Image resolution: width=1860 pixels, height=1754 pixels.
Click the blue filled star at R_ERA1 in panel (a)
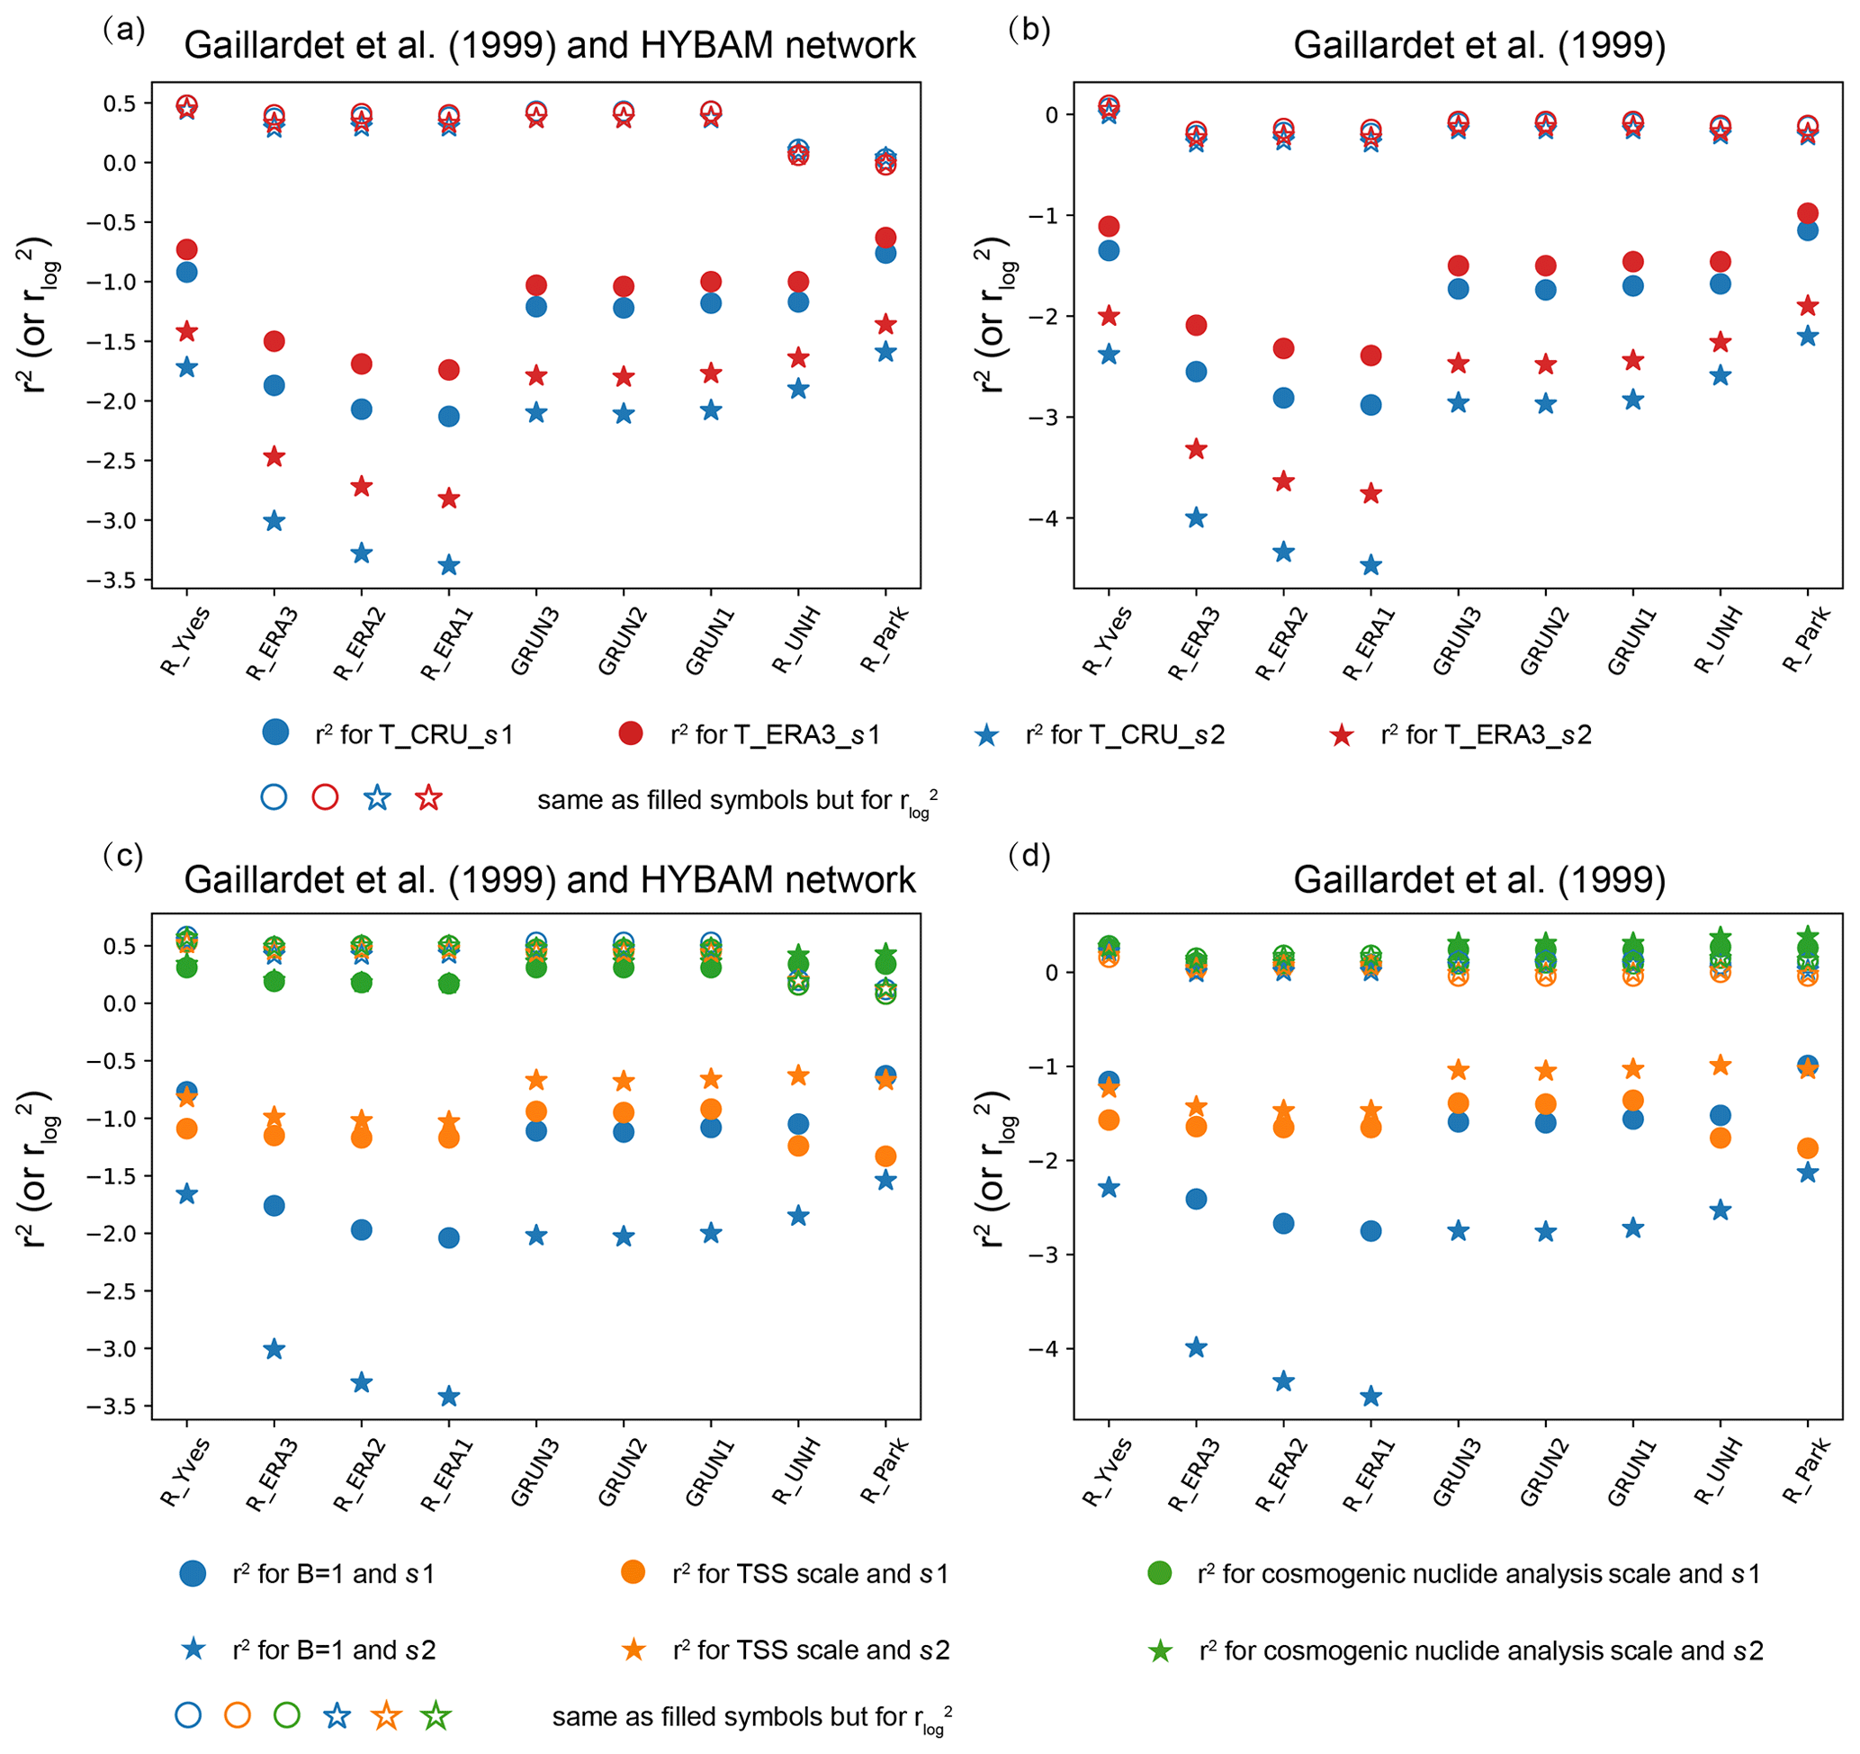pyautogui.click(x=449, y=565)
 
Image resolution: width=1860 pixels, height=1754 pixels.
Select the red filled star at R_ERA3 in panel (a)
pyautogui.click(x=274, y=456)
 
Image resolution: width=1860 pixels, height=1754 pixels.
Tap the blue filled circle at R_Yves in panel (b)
pyautogui.click(x=1109, y=251)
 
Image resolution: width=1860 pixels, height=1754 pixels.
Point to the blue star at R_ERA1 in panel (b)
pyautogui.click(x=1370, y=565)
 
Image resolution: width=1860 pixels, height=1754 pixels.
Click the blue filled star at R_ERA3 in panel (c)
pyautogui.click(x=274, y=1349)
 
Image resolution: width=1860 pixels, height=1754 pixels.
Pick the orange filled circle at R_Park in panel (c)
pyautogui.click(x=886, y=1156)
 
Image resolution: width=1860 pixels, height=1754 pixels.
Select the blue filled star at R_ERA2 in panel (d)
pyautogui.click(x=1284, y=1381)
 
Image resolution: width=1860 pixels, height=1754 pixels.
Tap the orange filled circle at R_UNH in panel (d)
pyautogui.click(x=1721, y=1138)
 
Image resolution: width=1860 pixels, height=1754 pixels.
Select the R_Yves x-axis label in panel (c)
pyautogui.click(x=185, y=1473)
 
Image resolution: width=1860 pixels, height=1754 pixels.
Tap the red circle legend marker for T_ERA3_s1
pyautogui.click(x=631, y=733)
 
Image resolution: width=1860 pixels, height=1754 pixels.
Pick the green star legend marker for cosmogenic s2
pyautogui.click(x=1160, y=1651)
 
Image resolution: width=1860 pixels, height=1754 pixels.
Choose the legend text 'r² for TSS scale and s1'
pyautogui.click(x=810, y=1574)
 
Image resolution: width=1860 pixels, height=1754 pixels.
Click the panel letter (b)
pyautogui.click(x=1029, y=30)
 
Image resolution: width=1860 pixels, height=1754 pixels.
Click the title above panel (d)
pyautogui.click(x=1479, y=880)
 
